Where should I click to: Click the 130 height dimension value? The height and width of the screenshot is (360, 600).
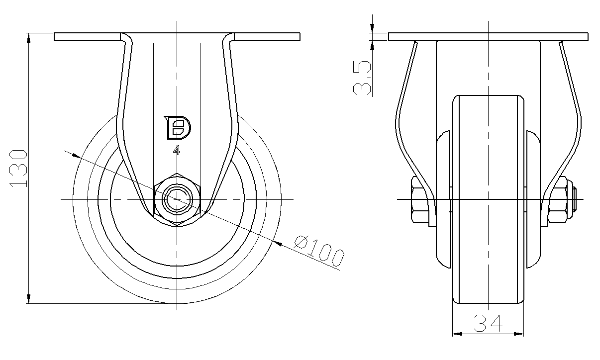[18, 169]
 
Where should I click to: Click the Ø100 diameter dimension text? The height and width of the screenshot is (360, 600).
[319, 251]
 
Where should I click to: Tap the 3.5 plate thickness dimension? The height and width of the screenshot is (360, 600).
[362, 78]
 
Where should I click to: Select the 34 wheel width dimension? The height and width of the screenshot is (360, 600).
[488, 323]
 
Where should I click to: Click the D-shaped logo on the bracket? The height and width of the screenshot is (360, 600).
[177, 128]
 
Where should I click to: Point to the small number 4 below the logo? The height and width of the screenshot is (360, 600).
[177, 150]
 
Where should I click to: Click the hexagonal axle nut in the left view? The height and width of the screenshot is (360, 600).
[177, 199]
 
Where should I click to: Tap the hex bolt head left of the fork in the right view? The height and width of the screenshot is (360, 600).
[420, 199]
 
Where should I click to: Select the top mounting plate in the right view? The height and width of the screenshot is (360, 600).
[488, 37]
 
